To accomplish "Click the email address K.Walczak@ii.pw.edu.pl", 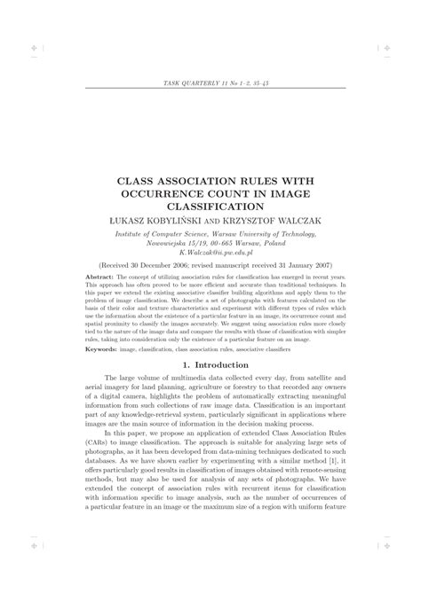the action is pyautogui.click(x=210, y=253).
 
